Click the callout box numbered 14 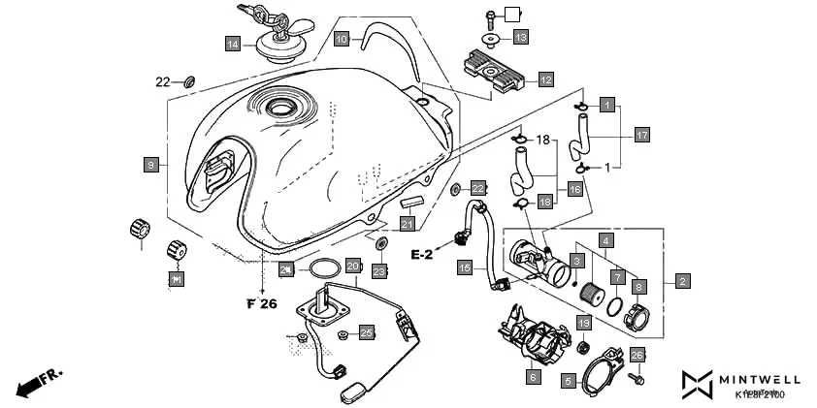click(x=233, y=44)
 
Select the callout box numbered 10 click(x=342, y=40)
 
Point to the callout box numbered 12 click(x=545, y=79)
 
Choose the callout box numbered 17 click(x=641, y=135)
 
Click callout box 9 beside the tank click(x=151, y=166)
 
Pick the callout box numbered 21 click(x=408, y=225)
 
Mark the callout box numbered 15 click(x=465, y=267)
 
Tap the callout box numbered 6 click(x=533, y=376)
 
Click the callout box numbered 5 click(x=569, y=382)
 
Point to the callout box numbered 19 click(x=584, y=323)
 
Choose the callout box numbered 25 click(x=366, y=333)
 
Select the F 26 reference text click(x=261, y=303)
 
